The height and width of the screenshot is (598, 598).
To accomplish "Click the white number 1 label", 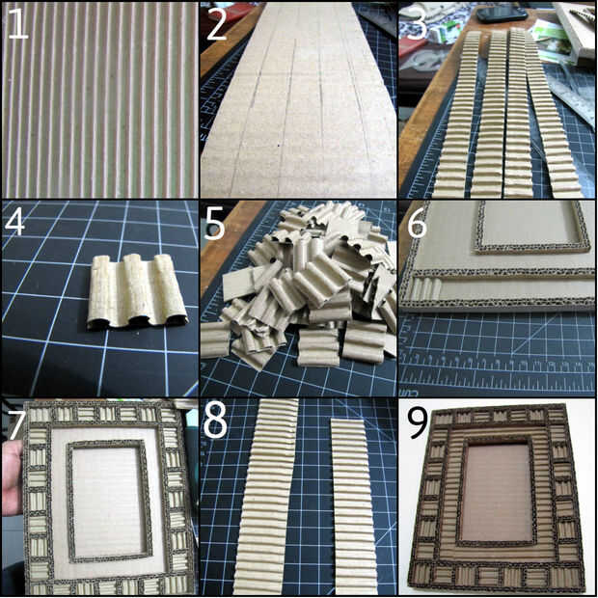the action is (17, 24).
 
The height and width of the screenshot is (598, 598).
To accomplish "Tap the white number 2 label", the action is (216, 24).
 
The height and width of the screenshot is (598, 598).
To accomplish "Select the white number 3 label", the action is (417, 24).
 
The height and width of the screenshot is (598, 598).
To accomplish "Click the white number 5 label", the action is (214, 224).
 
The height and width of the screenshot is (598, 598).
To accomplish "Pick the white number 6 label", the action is (418, 224).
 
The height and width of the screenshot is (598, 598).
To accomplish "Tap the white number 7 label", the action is (16, 424).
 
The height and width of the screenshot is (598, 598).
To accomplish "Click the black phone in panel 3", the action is (502, 14).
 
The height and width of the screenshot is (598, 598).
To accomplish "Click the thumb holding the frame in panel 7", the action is (11, 476).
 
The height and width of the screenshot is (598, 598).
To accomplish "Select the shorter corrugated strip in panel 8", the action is (354, 507).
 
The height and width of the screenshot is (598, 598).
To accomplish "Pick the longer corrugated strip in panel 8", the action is (264, 496).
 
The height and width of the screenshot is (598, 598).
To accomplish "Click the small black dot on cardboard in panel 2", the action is (279, 145).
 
